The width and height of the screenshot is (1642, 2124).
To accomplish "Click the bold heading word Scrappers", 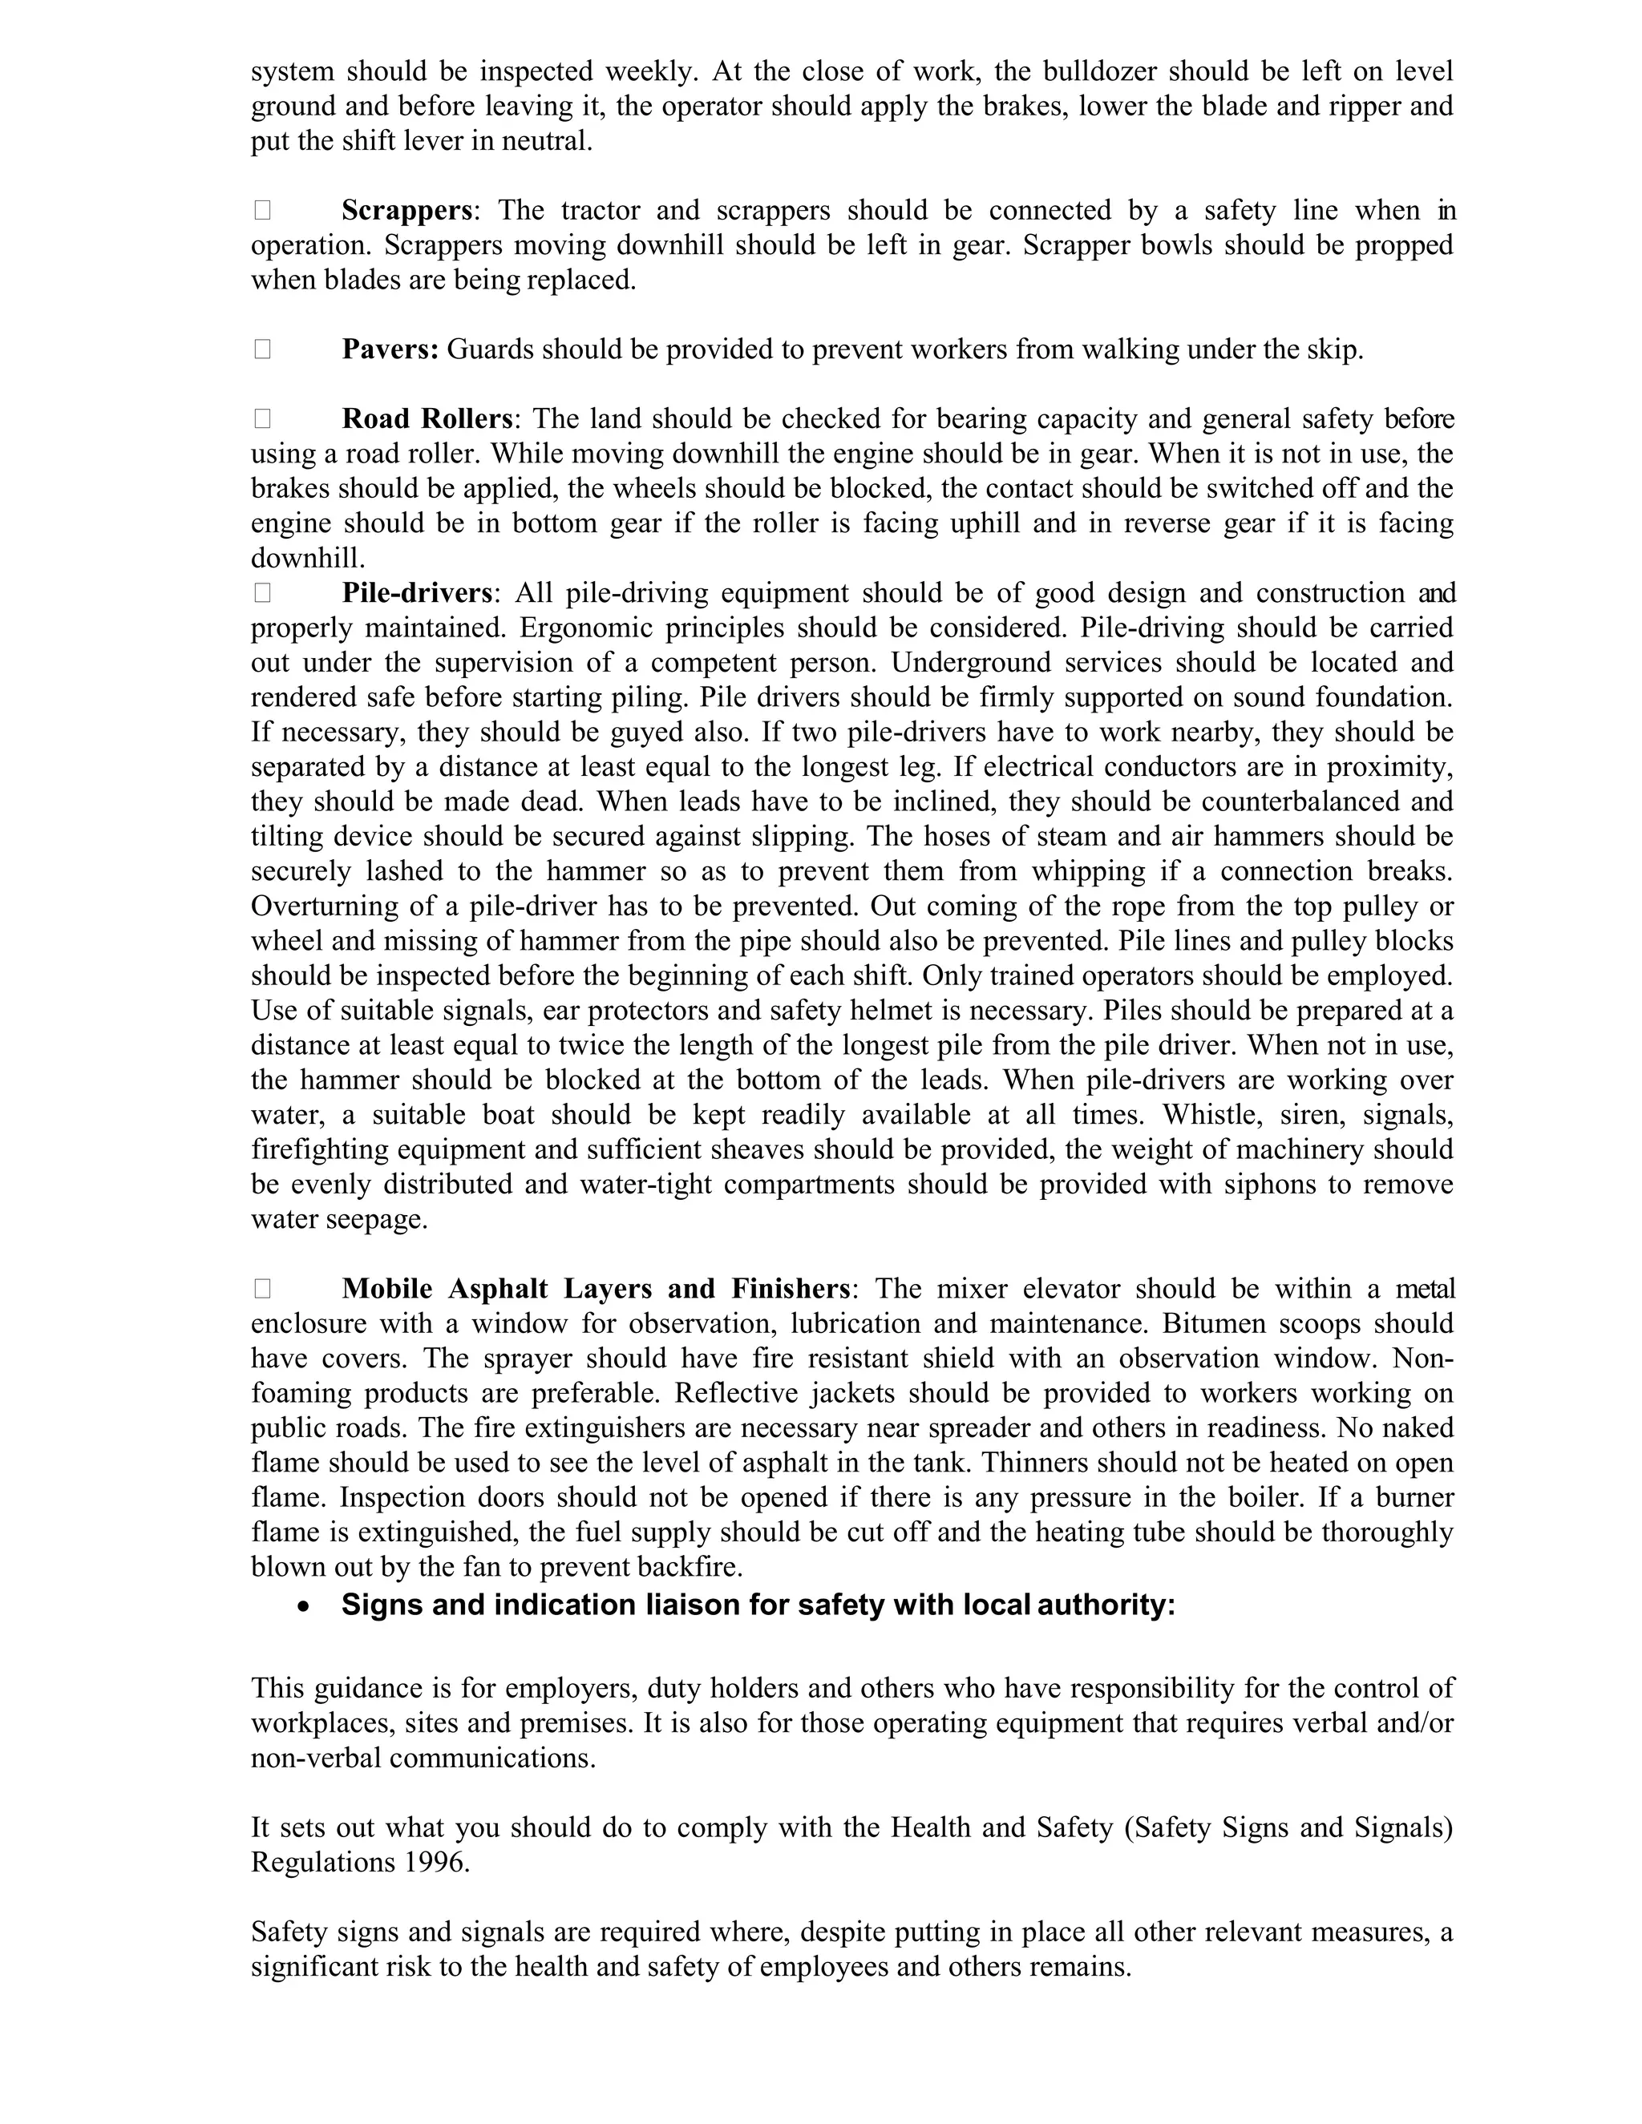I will [406, 210].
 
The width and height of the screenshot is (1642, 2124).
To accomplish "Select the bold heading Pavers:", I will [390, 349].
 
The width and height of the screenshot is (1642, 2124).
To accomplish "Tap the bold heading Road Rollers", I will [427, 419].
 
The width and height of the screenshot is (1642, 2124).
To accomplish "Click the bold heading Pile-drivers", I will [417, 593].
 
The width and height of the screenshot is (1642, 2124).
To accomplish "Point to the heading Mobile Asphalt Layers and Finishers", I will [597, 1289].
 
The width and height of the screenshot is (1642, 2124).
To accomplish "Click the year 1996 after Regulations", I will [434, 1863].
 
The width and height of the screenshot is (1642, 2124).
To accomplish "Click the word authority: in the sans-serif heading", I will [1106, 1605].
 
